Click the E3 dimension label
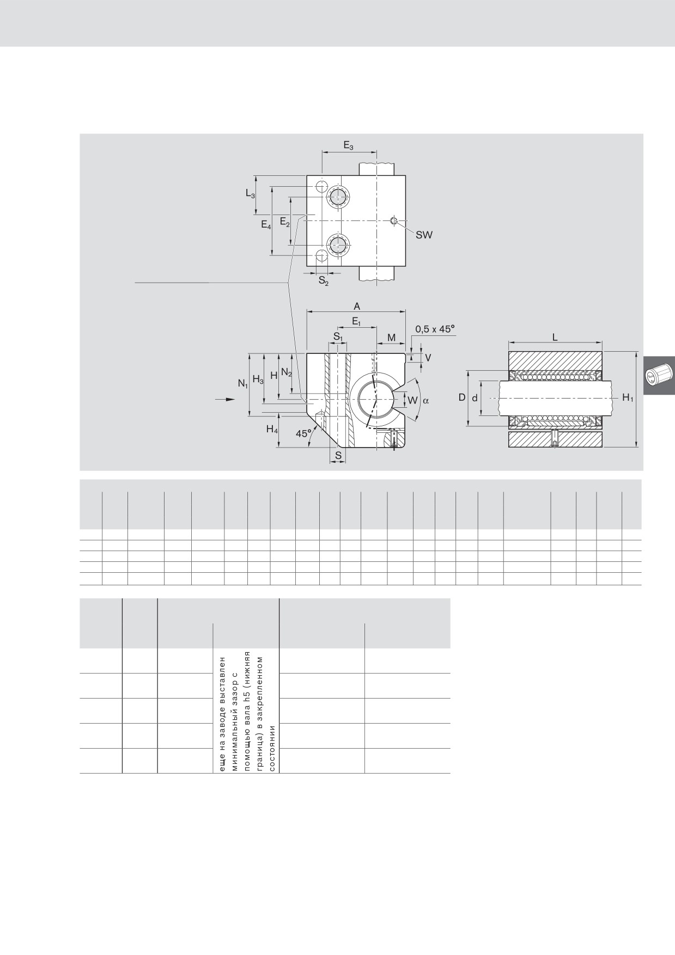tap(348, 145)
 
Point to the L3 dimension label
tap(250, 193)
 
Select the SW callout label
tap(424, 235)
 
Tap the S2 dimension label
tap(324, 281)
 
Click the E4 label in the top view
tap(266, 224)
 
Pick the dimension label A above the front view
tap(357, 307)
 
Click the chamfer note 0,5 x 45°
tap(435, 329)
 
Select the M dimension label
tap(391, 338)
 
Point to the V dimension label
tap(428, 358)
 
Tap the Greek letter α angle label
tap(425, 400)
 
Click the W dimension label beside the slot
tap(413, 400)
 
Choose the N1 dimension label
tap(243, 383)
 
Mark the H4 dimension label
tap(272, 429)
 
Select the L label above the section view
tap(555, 337)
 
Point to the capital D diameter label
tap(461, 397)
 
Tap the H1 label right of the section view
tap(628, 398)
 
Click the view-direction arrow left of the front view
tap(225, 400)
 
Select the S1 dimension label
tap(338, 338)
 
